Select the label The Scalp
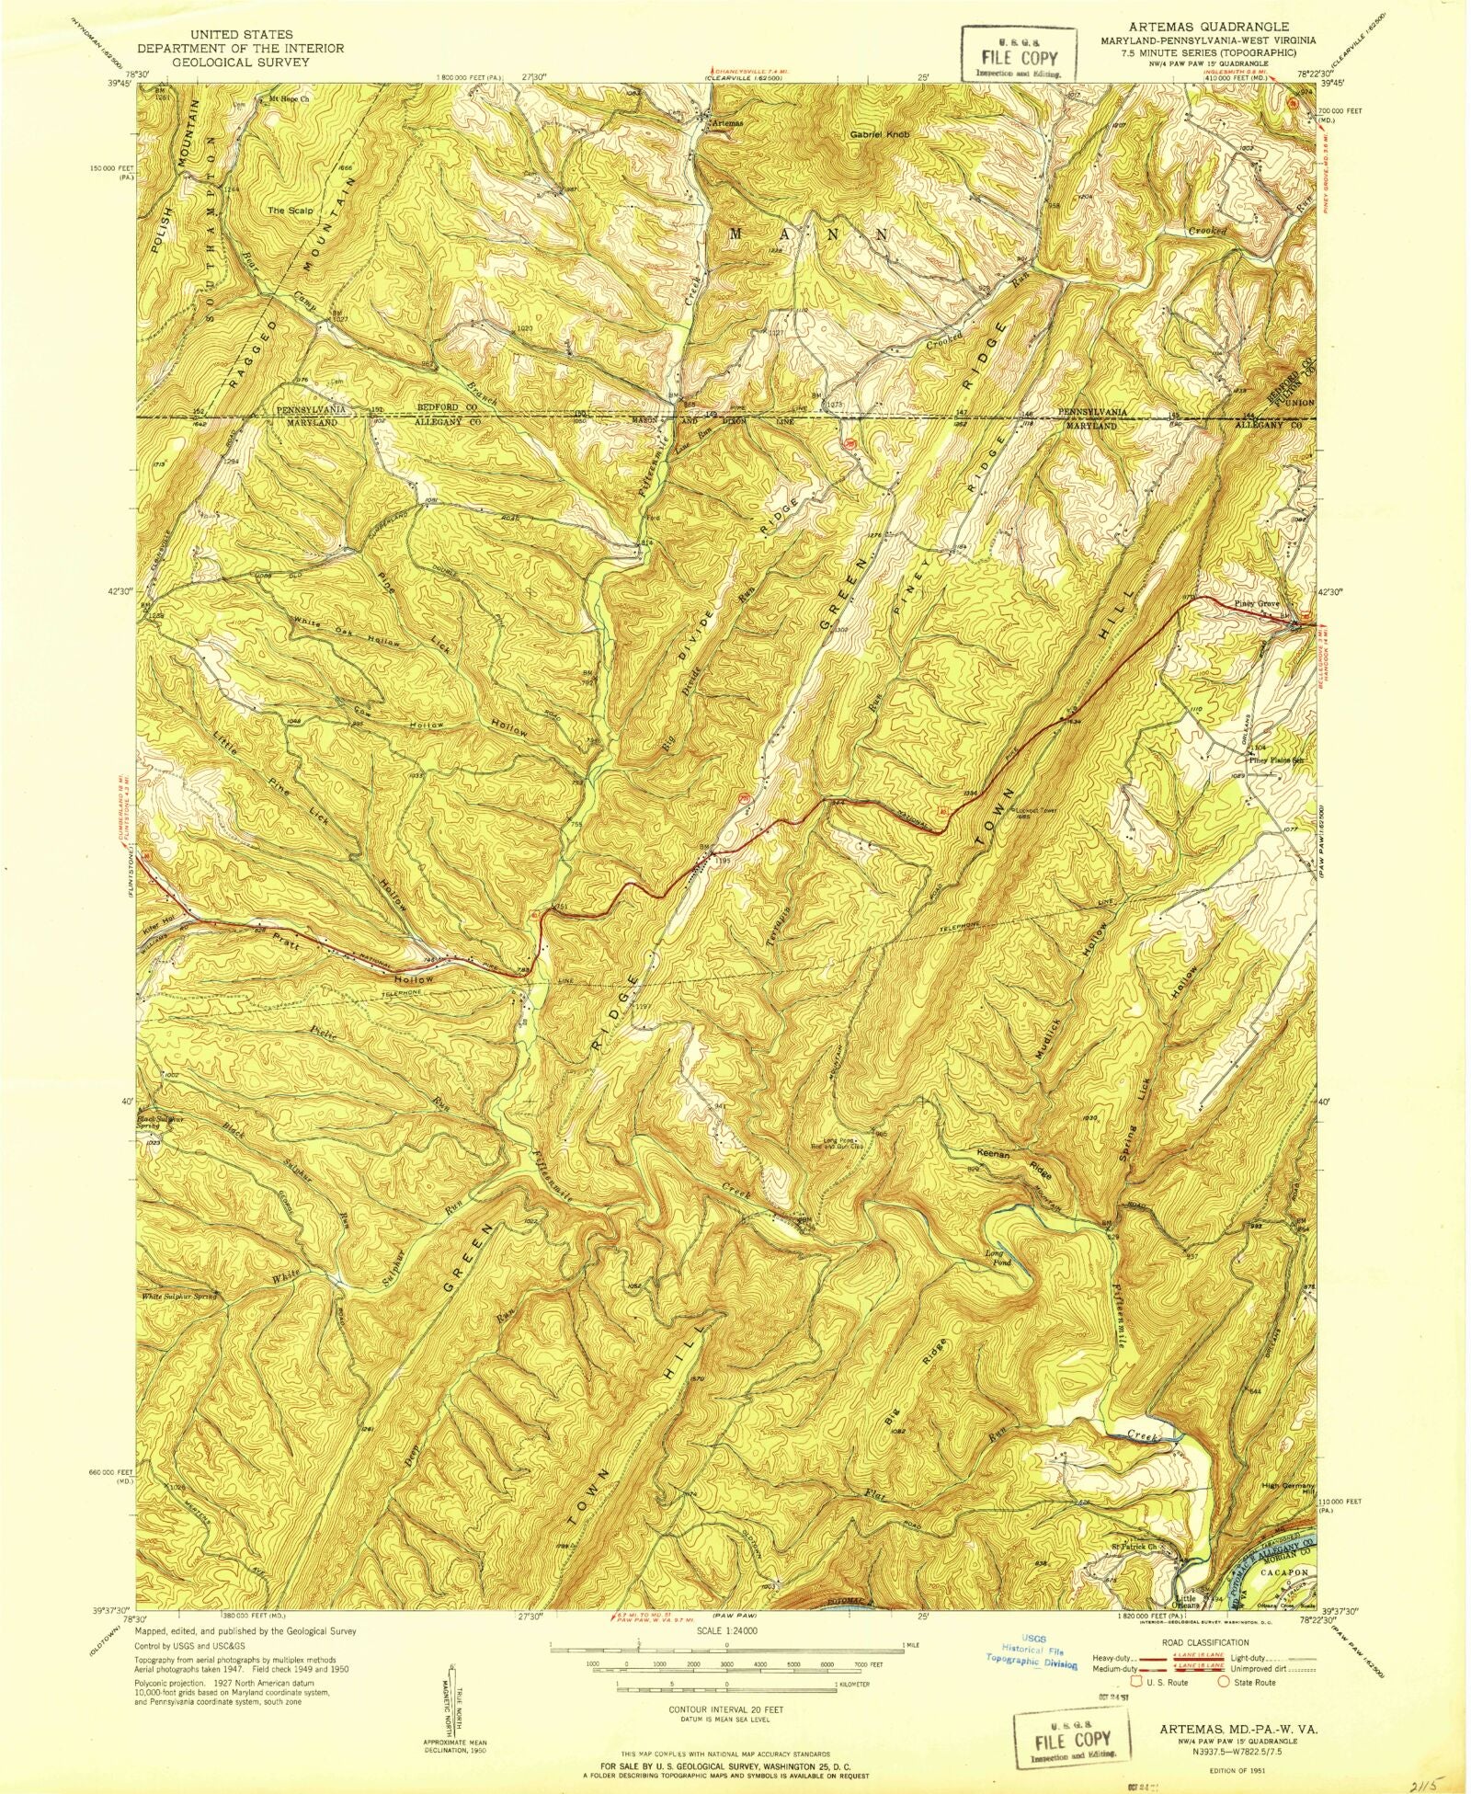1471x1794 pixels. (290, 211)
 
